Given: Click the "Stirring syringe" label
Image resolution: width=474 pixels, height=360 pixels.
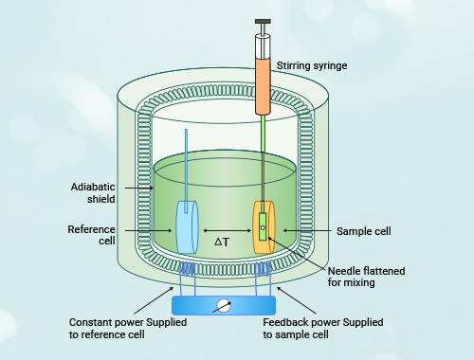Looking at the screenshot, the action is coord(312,65).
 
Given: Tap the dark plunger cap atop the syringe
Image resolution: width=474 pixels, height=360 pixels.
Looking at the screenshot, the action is coord(263,22).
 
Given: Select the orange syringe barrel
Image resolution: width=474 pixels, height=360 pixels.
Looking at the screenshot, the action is coord(263,86).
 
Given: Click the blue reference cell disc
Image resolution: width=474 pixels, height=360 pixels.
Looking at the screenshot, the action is coord(187,227).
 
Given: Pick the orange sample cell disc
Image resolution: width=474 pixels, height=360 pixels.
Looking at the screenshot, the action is coord(264,227).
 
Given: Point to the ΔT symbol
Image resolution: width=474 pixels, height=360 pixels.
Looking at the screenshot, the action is coord(222,242).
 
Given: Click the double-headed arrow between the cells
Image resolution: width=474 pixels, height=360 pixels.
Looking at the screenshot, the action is coord(227,230).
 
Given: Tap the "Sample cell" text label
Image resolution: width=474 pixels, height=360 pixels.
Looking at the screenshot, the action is coord(364,231).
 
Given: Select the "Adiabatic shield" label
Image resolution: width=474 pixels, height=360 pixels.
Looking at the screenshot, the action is coord(93,192).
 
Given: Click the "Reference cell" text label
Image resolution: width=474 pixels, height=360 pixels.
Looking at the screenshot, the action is coord(91,235).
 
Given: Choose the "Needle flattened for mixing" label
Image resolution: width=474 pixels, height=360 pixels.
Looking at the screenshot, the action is coord(366,277).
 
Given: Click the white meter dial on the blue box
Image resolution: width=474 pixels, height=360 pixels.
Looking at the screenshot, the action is coord(224,305).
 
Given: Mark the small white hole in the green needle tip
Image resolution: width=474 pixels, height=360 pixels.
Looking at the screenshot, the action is coord(263,227).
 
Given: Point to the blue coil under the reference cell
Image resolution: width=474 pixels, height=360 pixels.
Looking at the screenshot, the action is coord(187,269).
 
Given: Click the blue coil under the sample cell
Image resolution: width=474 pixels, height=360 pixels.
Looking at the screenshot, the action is coord(263,269).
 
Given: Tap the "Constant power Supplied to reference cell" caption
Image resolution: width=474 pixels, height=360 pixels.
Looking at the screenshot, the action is coord(128,329).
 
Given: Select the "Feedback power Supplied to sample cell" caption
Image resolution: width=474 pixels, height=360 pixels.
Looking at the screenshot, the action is coord(323,329).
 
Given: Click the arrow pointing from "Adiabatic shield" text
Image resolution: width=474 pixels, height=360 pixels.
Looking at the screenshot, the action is coord(139,188).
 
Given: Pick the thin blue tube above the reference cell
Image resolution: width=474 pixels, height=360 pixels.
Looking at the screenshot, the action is coord(186,171).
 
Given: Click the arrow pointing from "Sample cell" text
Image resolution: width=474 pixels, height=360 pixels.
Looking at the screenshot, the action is coord(307,230).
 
